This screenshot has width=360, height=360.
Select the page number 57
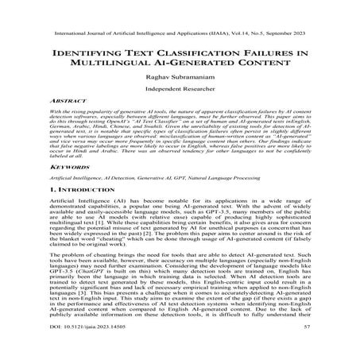pos(305,347)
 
